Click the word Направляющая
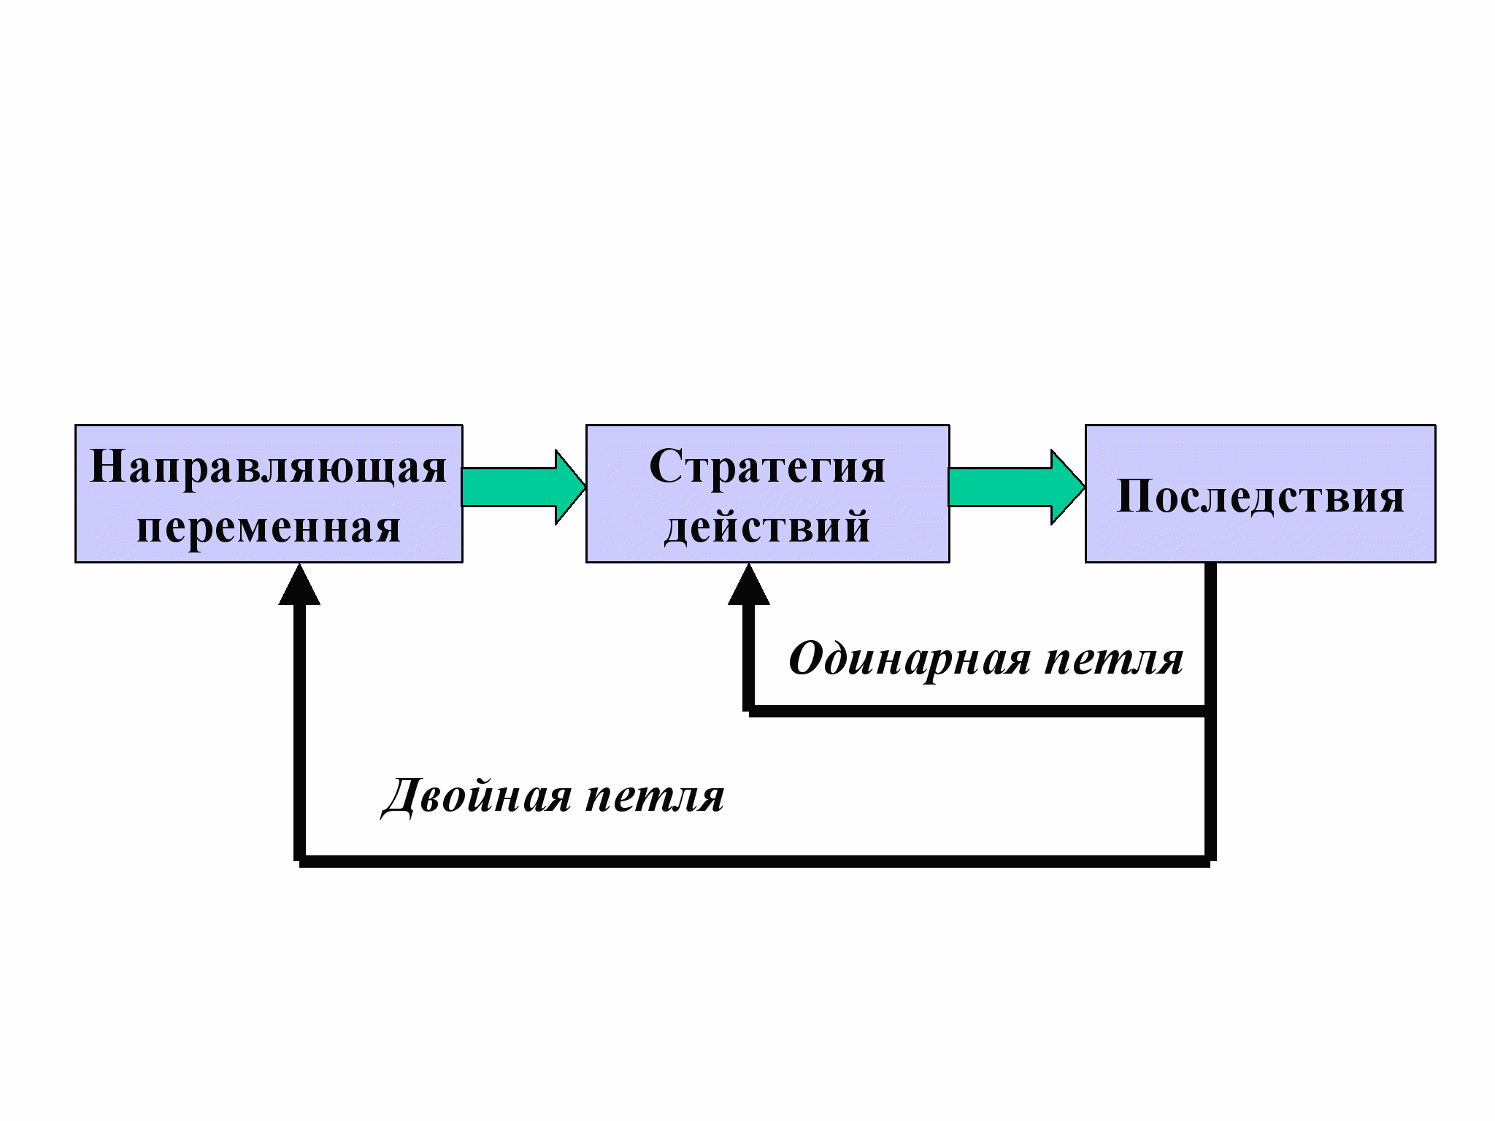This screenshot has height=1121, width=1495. pos(268,467)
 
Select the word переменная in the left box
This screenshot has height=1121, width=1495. pos(268,527)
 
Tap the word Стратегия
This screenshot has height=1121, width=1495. pos(767,467)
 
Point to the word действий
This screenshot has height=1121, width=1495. pos(767,527)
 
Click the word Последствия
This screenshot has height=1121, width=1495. pos(1261,497)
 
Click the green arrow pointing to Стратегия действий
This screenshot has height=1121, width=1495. pos(523,487)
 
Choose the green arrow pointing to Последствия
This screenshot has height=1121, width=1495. pos(1016,487)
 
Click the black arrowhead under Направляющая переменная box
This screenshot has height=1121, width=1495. pos(299,586)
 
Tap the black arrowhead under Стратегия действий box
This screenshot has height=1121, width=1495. pos(749,586)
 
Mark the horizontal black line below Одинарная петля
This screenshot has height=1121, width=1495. pos(978,711)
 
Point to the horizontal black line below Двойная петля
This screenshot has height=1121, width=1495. pos(752,861)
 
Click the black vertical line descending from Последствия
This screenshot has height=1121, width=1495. pos(1210,635)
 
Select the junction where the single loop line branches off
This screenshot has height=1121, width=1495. pos(1210,711)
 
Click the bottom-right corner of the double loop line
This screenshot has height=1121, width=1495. pos(1210,861)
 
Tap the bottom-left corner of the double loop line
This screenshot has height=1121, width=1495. pos(299,861)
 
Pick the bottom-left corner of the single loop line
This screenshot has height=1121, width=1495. pos(749,711)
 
